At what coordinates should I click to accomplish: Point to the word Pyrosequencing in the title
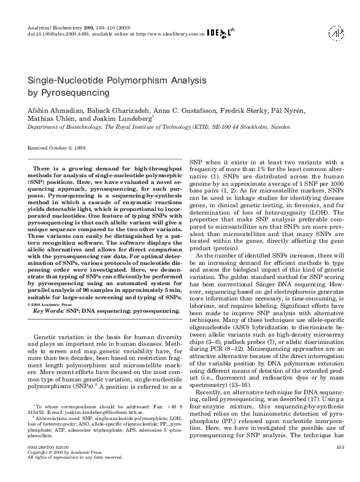click(x=73, y=93)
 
